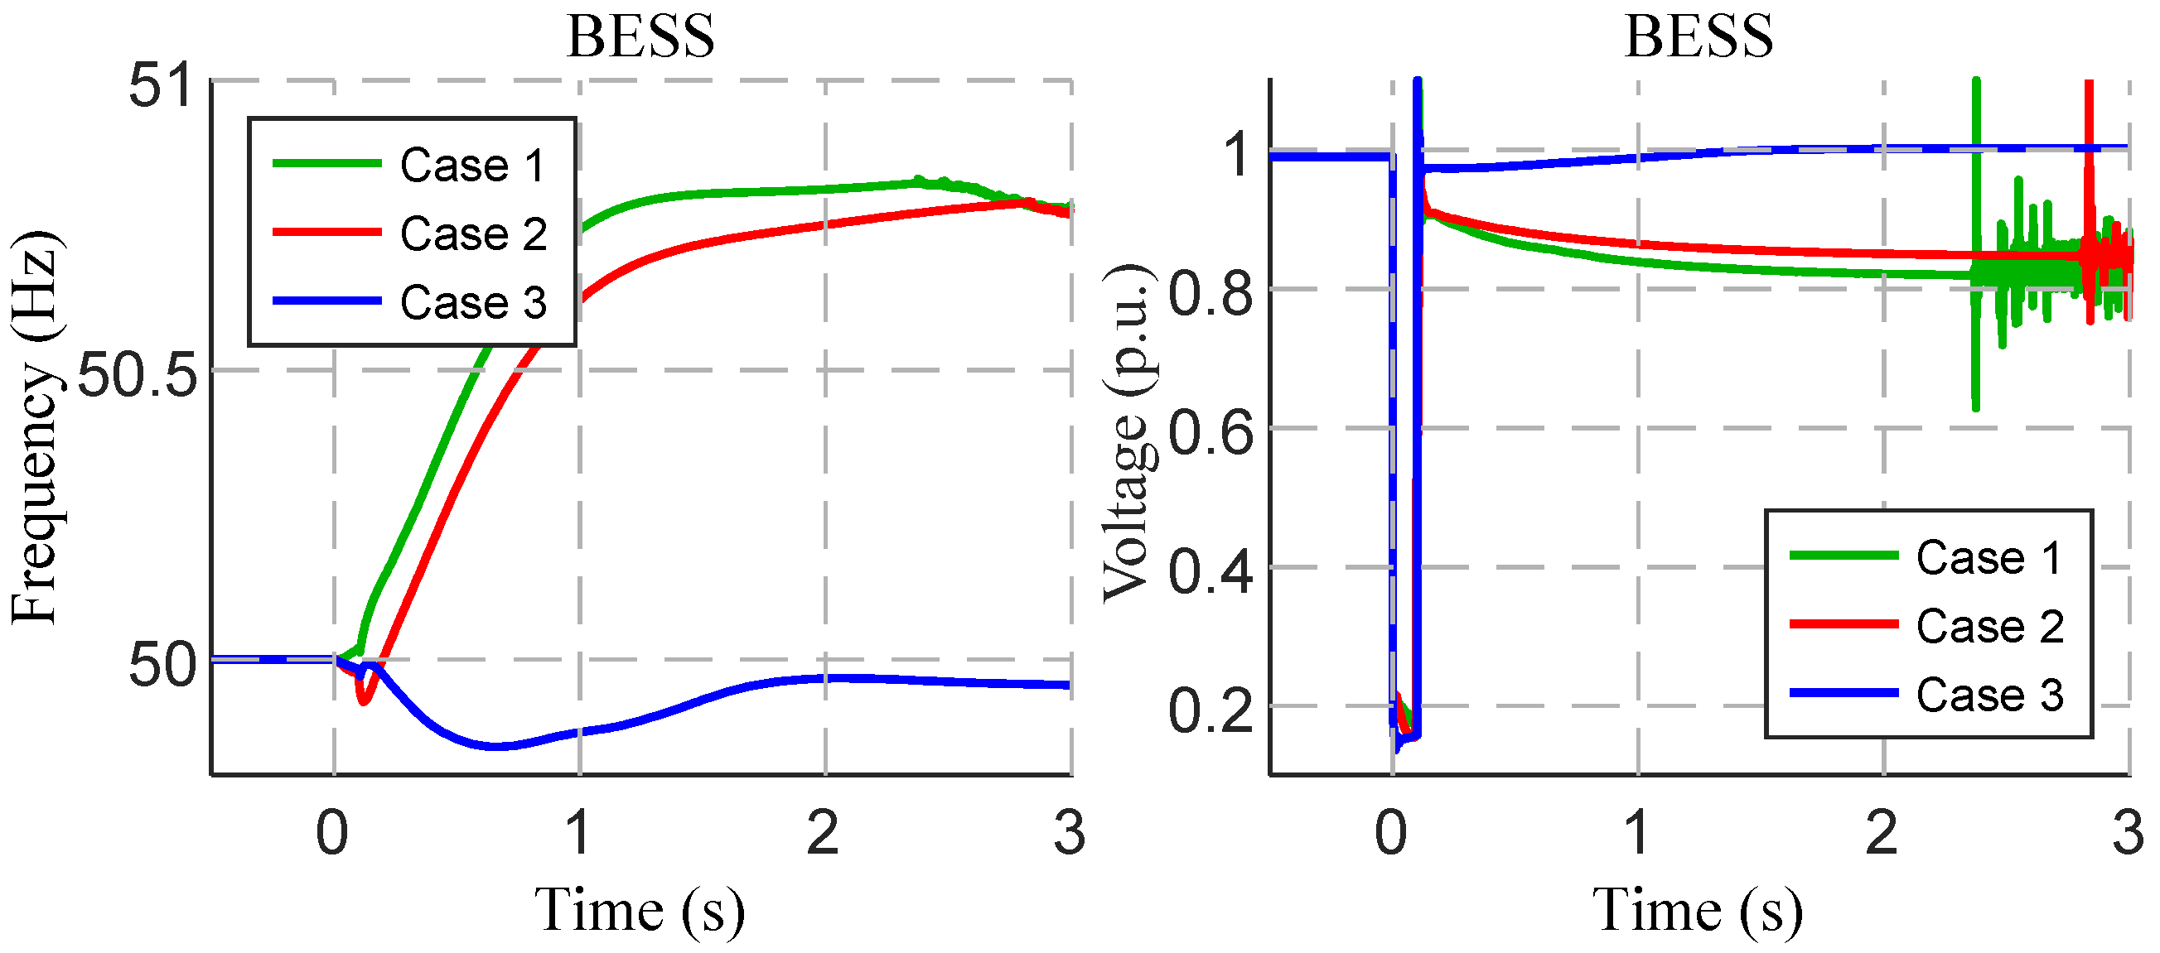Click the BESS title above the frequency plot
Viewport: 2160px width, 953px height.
[x=640, y=37]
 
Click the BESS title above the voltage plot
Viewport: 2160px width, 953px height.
[x=1698, y=37]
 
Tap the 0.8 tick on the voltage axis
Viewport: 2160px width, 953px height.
[x=1210, y=294]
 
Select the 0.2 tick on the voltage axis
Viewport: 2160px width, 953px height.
[x=1210, y=710]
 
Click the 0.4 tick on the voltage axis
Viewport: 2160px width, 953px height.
[x=1210, y=572]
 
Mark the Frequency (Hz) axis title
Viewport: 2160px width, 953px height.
[x=36, y=427]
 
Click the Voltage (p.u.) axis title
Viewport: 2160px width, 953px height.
[x=1126, y=433]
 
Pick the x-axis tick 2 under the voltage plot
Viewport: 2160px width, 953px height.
[x=1882, y=833]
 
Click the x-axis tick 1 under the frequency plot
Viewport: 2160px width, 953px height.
[x=577, y=833]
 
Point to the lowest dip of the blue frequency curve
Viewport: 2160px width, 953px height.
[x=498, y=745]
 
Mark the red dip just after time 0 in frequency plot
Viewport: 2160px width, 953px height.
[x=363, y=699]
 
